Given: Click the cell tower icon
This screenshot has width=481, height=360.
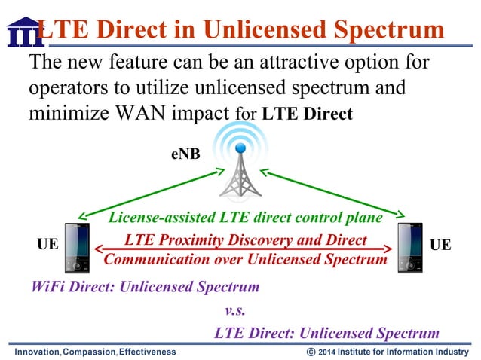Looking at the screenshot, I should (240, 161).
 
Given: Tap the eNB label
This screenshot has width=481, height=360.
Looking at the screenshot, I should (185, 157).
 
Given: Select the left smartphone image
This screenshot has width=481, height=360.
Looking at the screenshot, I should (76, 248).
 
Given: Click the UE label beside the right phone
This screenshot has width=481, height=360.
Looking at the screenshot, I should (440, 245).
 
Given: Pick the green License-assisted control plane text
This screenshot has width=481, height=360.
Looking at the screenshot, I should (246, 218).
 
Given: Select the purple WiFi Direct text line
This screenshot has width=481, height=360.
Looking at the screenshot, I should (145, 287).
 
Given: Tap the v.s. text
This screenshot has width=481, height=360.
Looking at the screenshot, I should (235, 310).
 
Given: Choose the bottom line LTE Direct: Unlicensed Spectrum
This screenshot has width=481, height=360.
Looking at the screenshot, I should (326, 333).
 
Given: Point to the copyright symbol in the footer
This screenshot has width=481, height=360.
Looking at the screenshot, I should (311, 352).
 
